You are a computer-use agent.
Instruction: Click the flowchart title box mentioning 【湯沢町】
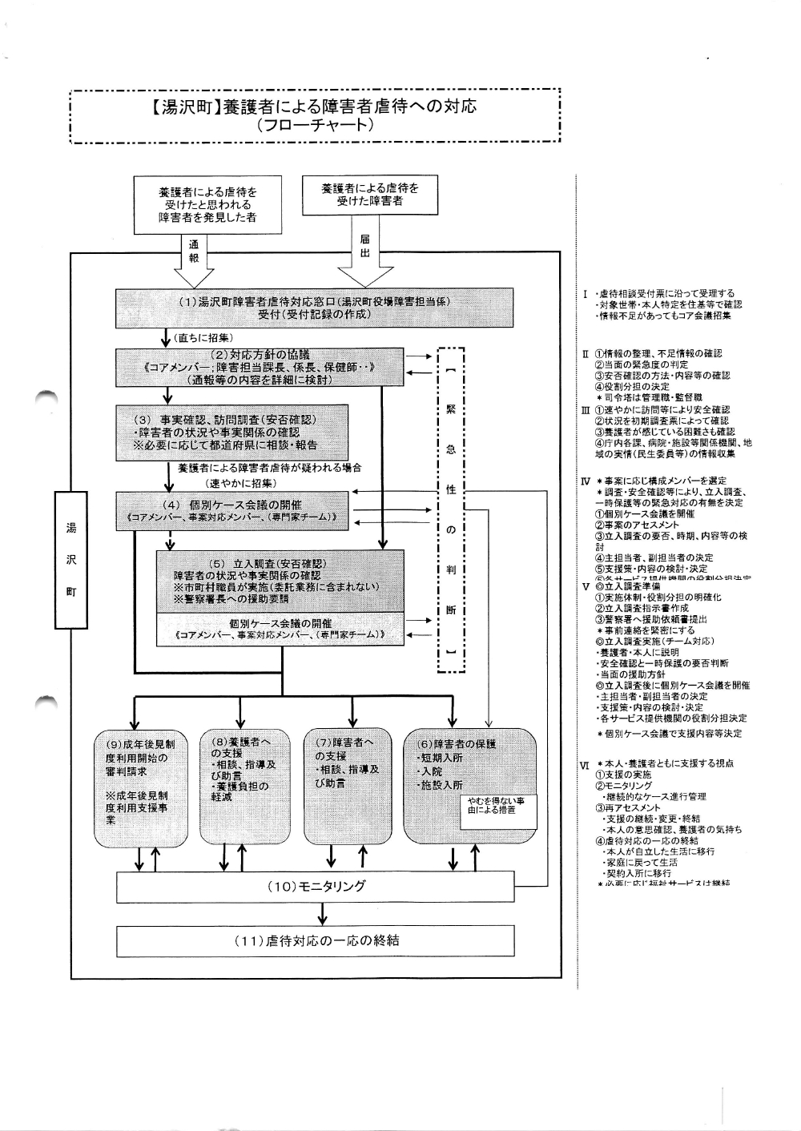click(314, 115)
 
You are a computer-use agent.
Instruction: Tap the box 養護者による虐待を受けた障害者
click(369, 194)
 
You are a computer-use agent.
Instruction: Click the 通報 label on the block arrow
click(193, 251)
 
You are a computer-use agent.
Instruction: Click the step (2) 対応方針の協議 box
click(260, 368)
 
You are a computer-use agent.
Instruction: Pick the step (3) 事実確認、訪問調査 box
click(232, 433)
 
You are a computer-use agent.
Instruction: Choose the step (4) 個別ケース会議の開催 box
click(232, 511)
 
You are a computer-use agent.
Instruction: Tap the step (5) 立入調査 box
click(280, 581)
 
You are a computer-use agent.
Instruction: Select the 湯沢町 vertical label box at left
click(70, 560)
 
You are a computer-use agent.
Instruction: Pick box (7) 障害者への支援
click(347, 785)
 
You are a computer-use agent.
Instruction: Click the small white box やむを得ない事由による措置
click(495, 805)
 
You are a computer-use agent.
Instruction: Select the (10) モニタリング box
click(315, 886)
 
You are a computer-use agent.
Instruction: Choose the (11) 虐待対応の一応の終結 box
click(315, 940)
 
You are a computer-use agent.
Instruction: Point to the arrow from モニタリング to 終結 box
click(321, 912)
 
